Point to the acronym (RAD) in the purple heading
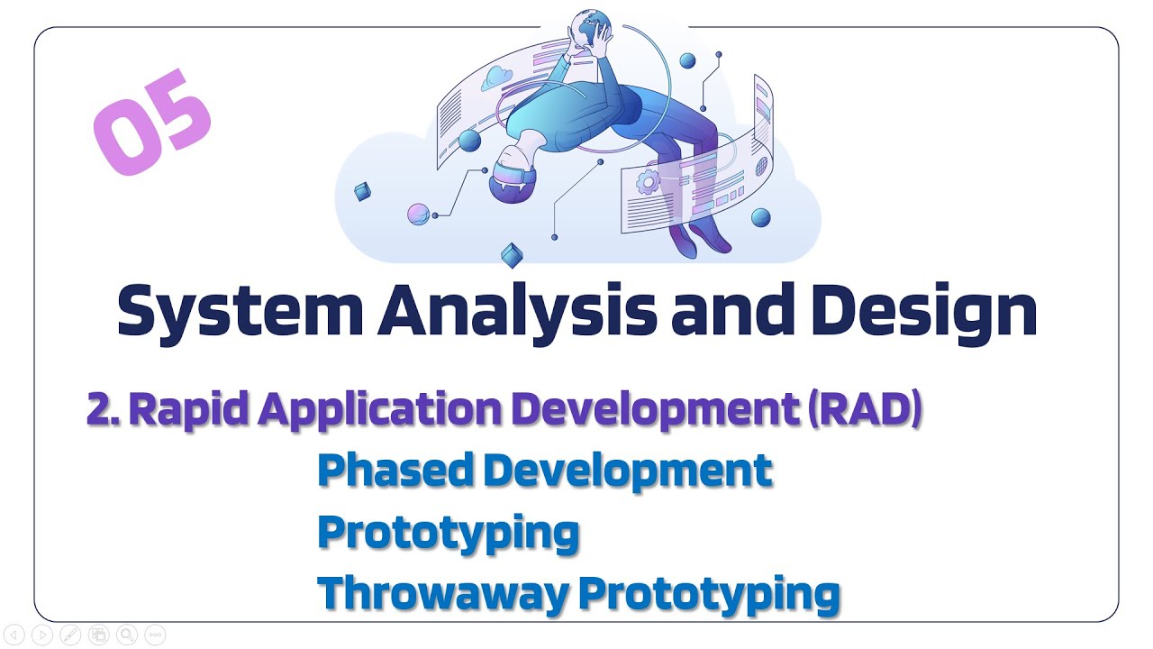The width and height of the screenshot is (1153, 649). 865,409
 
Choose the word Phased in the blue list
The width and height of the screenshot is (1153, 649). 395,471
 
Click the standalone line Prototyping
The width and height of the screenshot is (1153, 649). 448,534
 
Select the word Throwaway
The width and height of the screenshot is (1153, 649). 443,594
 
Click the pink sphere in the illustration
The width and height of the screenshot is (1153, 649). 418,215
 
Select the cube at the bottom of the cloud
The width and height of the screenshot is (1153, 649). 512,255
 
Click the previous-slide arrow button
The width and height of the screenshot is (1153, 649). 14,635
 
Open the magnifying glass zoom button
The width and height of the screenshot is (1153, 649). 127,635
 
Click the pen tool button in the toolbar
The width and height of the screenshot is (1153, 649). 70,635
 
